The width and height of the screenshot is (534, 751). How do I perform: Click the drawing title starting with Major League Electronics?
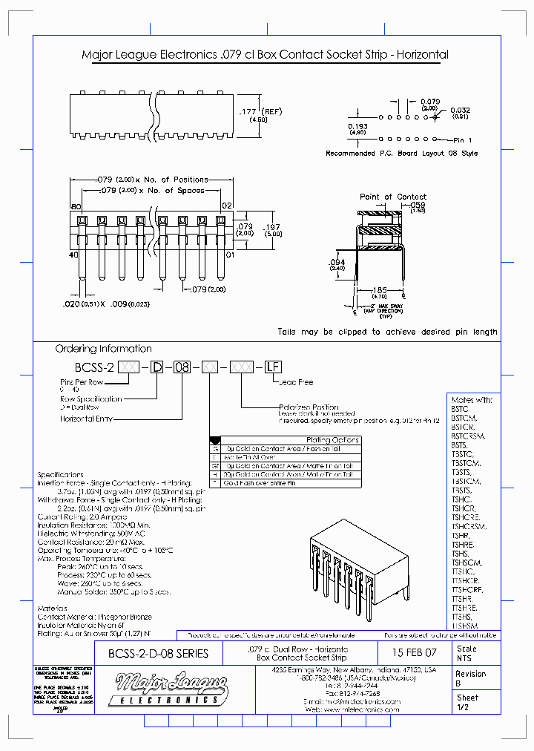click(x=264, y=55)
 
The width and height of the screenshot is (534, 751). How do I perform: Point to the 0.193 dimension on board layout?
click(x=357, y=129)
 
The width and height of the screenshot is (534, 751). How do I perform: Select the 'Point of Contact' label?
click(x=392, y=197)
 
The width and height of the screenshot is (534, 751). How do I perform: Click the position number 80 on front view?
click(x=75, y=206)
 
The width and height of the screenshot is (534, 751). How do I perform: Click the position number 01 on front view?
click(x=230, y=255)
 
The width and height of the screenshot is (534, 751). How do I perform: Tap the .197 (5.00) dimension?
click(x=274, y=229)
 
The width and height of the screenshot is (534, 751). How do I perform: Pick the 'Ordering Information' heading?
click(x=103, y=349)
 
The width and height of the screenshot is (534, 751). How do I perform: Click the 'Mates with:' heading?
click(x=472, y=400)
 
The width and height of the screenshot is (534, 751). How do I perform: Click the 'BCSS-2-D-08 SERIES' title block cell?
click(x=158, y=654)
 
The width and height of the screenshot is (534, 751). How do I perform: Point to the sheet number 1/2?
click(x=462, y=709)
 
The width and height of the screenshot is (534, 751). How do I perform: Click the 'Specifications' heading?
click(x=61, y=474)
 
